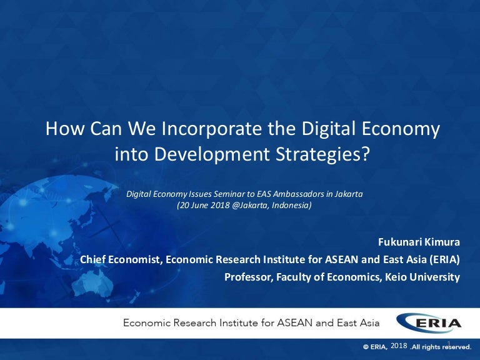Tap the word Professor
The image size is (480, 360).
point(249,277)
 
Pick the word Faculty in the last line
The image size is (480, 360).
point(297,277)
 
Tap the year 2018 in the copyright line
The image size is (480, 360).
point(398,346)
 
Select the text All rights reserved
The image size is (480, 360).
point(441,347)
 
